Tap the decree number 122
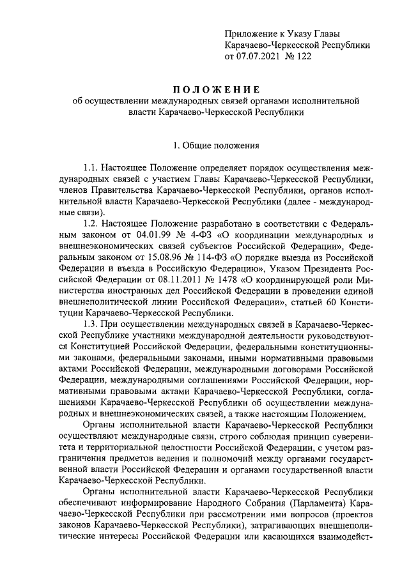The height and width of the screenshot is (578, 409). pyautogui.click(x=304, y=57)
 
